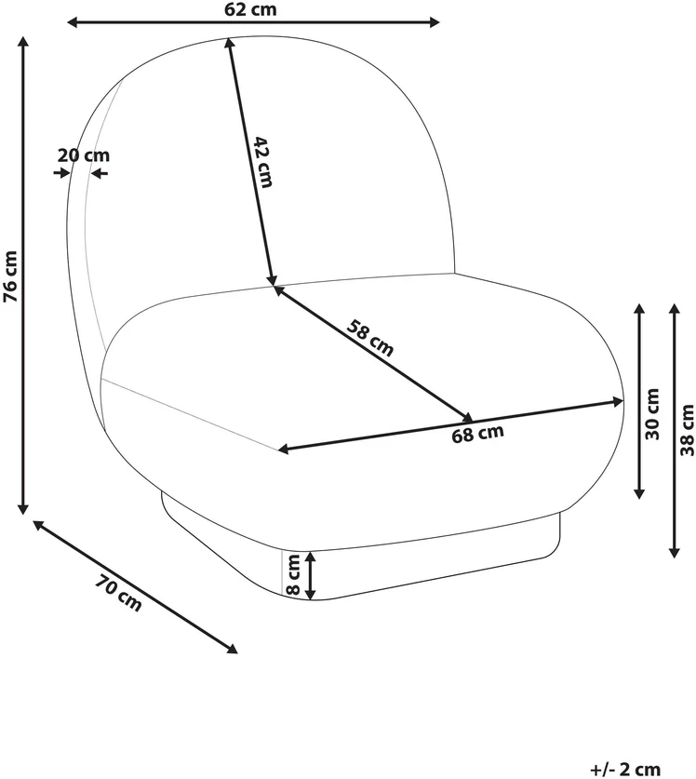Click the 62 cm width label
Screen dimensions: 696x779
250,9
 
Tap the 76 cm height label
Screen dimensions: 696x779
10,276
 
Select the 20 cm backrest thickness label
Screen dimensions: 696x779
83,155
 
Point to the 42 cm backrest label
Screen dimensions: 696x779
263,162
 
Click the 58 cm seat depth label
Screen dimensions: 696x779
370,339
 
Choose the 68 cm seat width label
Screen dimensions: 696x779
477,434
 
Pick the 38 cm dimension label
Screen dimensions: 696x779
687,430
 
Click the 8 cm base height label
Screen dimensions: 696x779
293,575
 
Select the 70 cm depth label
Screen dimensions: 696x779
119,592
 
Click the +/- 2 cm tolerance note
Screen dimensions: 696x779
625,769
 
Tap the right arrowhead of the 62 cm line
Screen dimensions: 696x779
435,21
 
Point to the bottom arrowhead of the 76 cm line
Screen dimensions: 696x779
23,508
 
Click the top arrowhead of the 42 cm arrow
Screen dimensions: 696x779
230,44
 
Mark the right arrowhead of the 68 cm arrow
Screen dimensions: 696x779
618,401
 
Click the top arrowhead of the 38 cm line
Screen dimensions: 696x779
675,310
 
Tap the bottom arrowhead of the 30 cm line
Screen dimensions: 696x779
639,493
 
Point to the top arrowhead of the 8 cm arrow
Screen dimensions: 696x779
310,557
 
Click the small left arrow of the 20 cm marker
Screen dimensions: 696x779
63,173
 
